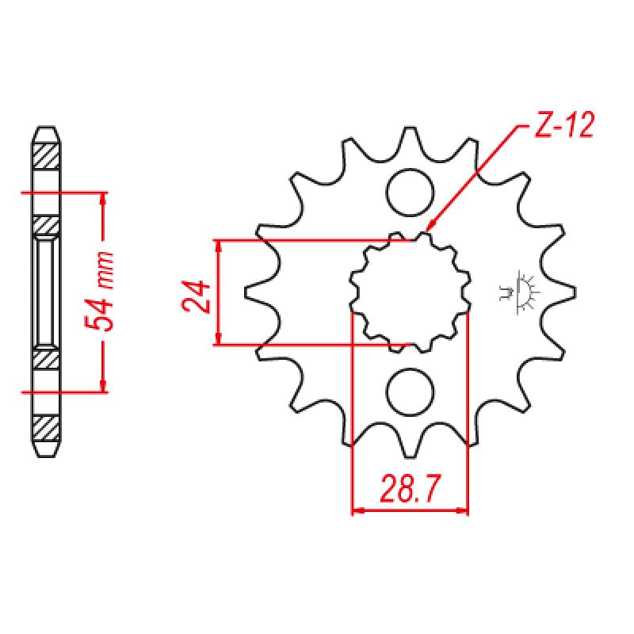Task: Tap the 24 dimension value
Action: coord(198,296)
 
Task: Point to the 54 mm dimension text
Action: coord(101,292)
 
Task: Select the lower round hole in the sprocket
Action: coord(411,391)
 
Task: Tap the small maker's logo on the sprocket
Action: coord(520,291)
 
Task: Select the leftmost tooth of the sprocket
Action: coord(252,292)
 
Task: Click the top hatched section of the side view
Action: coord(46,154)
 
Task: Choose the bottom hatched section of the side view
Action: coord(46,429)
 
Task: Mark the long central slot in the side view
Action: coord(46,292)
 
